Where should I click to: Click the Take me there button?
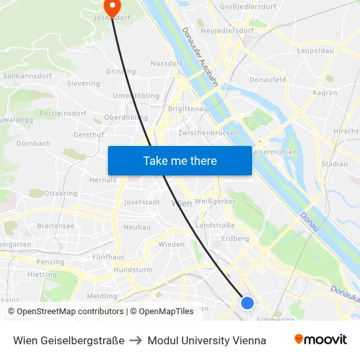180,160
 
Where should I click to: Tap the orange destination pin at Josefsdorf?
113,8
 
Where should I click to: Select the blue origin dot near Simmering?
247,302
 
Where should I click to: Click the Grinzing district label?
120,71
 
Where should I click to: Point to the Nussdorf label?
165,64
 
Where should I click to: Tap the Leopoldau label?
315,50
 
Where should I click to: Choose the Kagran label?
325,93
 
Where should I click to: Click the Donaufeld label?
268,80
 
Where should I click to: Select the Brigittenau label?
187,109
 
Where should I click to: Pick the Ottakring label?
60,194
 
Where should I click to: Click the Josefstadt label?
142,202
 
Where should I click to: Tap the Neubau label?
137,227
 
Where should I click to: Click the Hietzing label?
42,275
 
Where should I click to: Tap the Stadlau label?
335,164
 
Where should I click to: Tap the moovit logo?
320,340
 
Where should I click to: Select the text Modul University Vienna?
207,340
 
